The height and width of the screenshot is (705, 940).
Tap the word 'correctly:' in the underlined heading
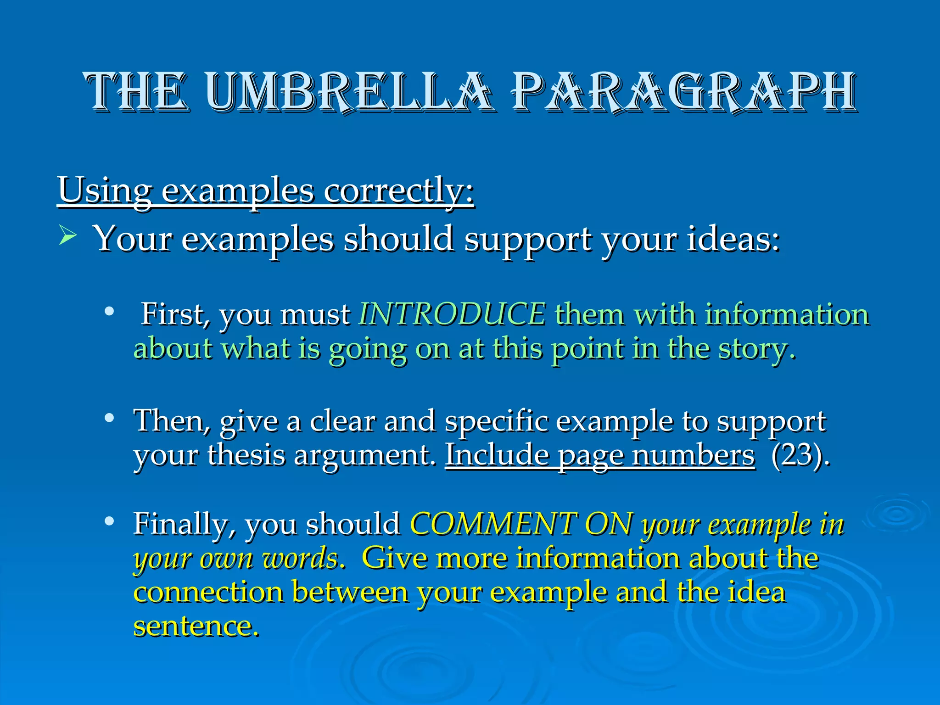pyautogui.click(x=398, y=190)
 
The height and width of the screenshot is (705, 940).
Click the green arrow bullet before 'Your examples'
pyautogui.click(x=67, y=237)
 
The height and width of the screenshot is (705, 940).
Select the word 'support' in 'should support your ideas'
pyautogui.click(x=528, y=240)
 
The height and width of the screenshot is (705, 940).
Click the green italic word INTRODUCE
pyautogui.click(x=452, y=314)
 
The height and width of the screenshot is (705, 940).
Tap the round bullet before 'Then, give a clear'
pyautogui.click(x=109, y=418)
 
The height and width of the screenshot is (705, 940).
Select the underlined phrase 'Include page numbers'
pyautogui.click(x=600, y=455)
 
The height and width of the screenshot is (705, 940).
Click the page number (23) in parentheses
pyautogui.click(x=800, y=455)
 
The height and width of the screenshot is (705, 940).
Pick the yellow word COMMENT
pyautogui.click(x=493, y=524)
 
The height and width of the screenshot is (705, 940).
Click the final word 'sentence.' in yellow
pyautogui.click(x=196, y=626)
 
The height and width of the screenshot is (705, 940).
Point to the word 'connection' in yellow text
pyautogui.click(x=208, y=592)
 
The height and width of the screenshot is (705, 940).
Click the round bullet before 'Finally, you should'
pyautogui.click(x=109, y=521)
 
